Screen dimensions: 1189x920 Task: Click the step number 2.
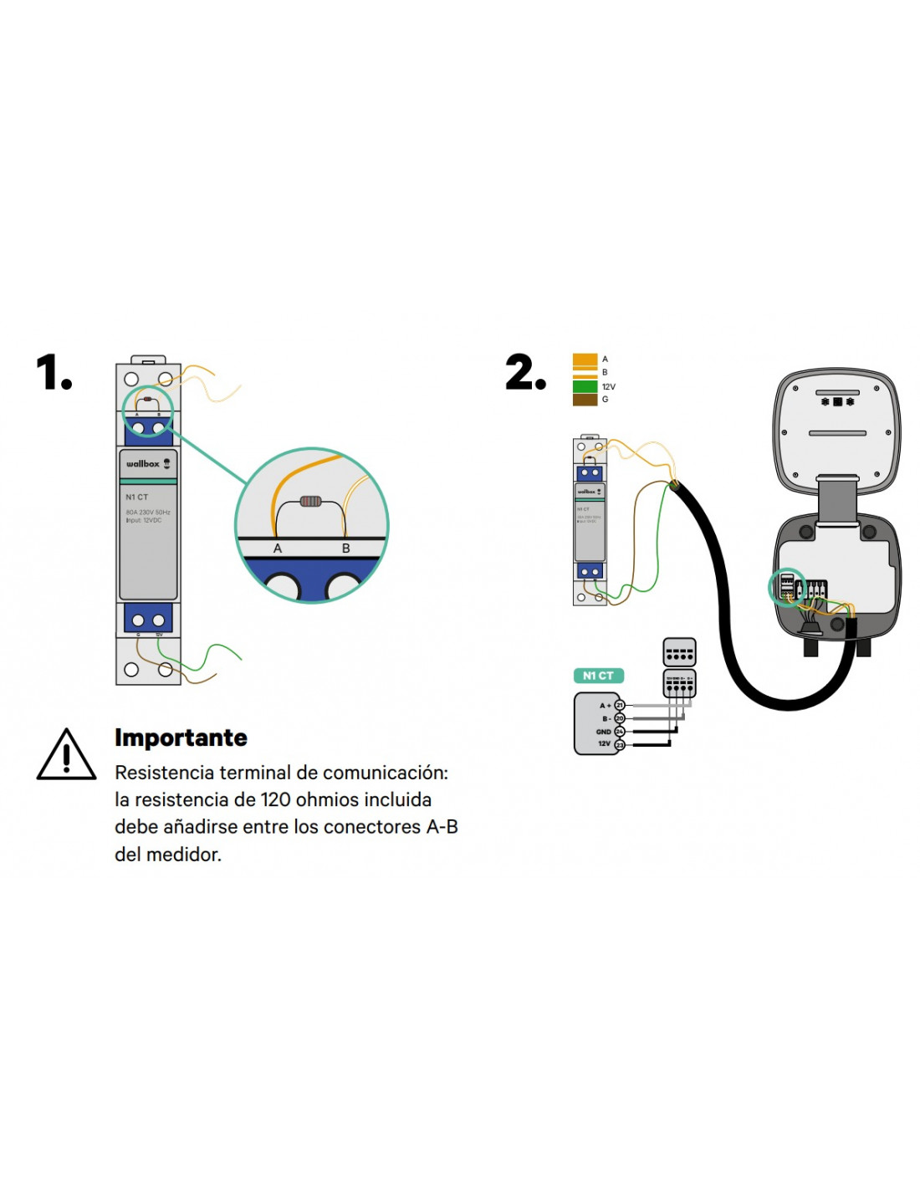click(524, 373)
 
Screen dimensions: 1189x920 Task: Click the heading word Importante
click(181, 737)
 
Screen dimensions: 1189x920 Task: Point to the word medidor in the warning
click(183, 855)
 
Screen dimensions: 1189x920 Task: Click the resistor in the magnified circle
click(310, 502)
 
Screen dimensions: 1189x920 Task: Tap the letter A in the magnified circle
click(278, 549)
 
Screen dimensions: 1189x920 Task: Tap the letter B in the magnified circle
click(345, 549)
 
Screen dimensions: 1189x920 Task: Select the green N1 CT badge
click(598, 676)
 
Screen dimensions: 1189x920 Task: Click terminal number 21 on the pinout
click(620, 706)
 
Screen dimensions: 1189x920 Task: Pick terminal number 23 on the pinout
click(620, 744)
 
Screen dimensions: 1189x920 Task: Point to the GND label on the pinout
click(603, 732)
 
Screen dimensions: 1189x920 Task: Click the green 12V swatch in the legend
click(585, 386)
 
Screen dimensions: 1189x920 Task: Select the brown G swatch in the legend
click(585, 400)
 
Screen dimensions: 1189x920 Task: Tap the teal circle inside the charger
click(786, 587)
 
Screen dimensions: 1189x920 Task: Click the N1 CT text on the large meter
click(137, 497)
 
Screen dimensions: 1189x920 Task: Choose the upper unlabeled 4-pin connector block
click(679, 652)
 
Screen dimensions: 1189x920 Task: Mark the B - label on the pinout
click(606, 719)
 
